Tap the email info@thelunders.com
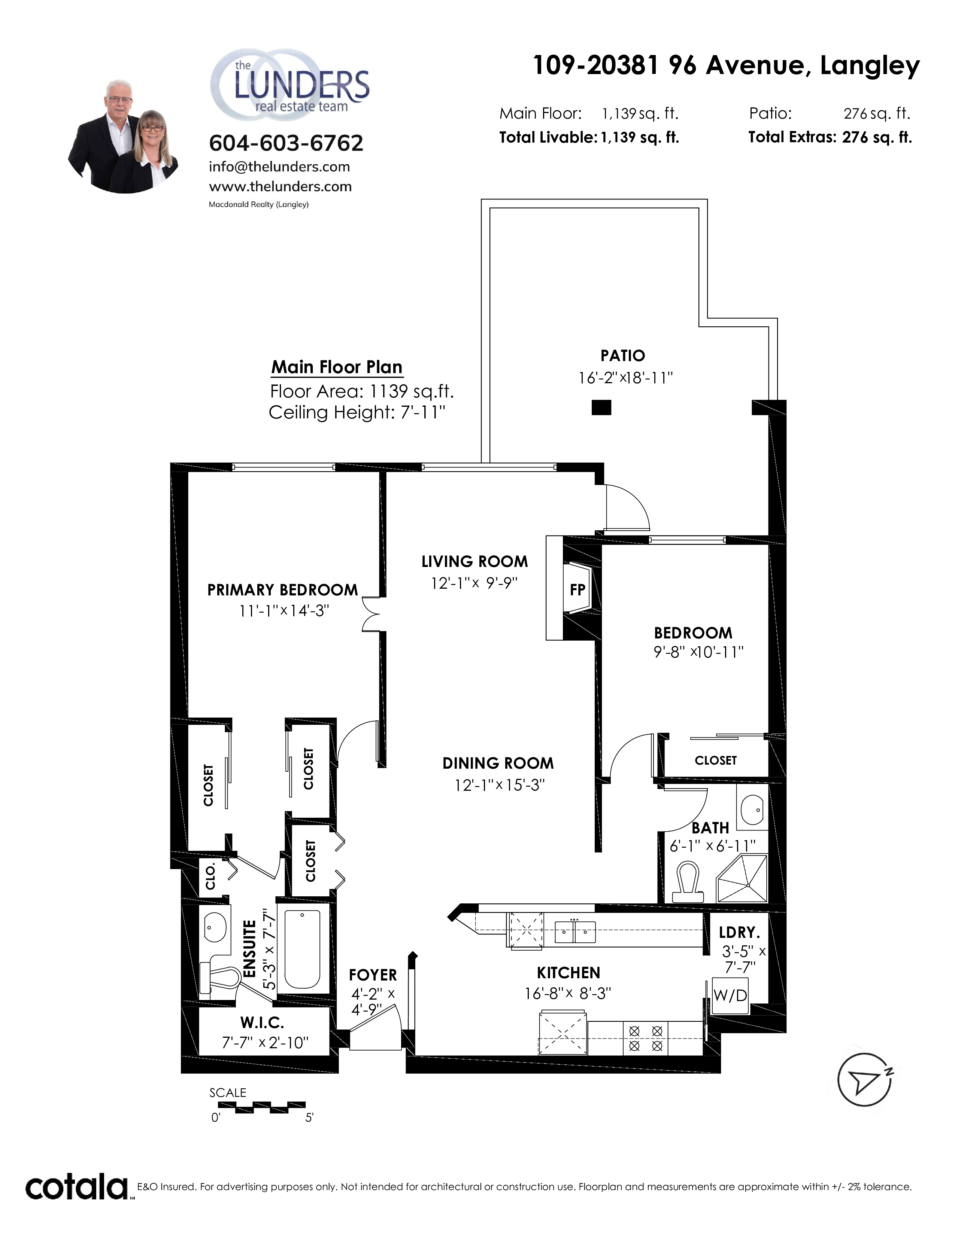point(279,167)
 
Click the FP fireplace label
point(577,590)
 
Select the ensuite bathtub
point(303,948)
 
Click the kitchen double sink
point(575,931)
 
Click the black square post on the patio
point(601,407)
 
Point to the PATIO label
point(623,356)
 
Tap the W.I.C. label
point(262,1022)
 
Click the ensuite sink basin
point(215,927)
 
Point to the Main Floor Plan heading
point(337,367)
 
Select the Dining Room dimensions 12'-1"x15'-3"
point(500,785)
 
